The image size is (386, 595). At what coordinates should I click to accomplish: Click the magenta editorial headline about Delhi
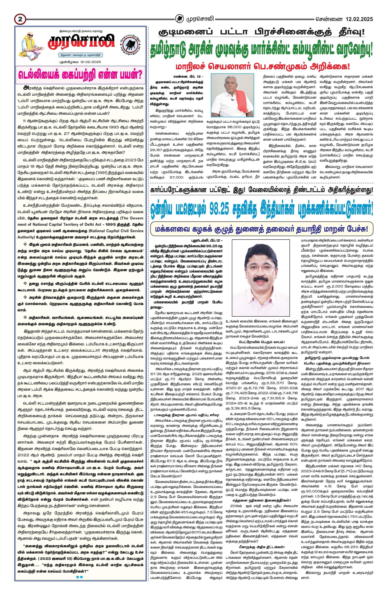pos(81,75)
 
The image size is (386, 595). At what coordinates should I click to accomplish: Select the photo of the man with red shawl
pos(233,97)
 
